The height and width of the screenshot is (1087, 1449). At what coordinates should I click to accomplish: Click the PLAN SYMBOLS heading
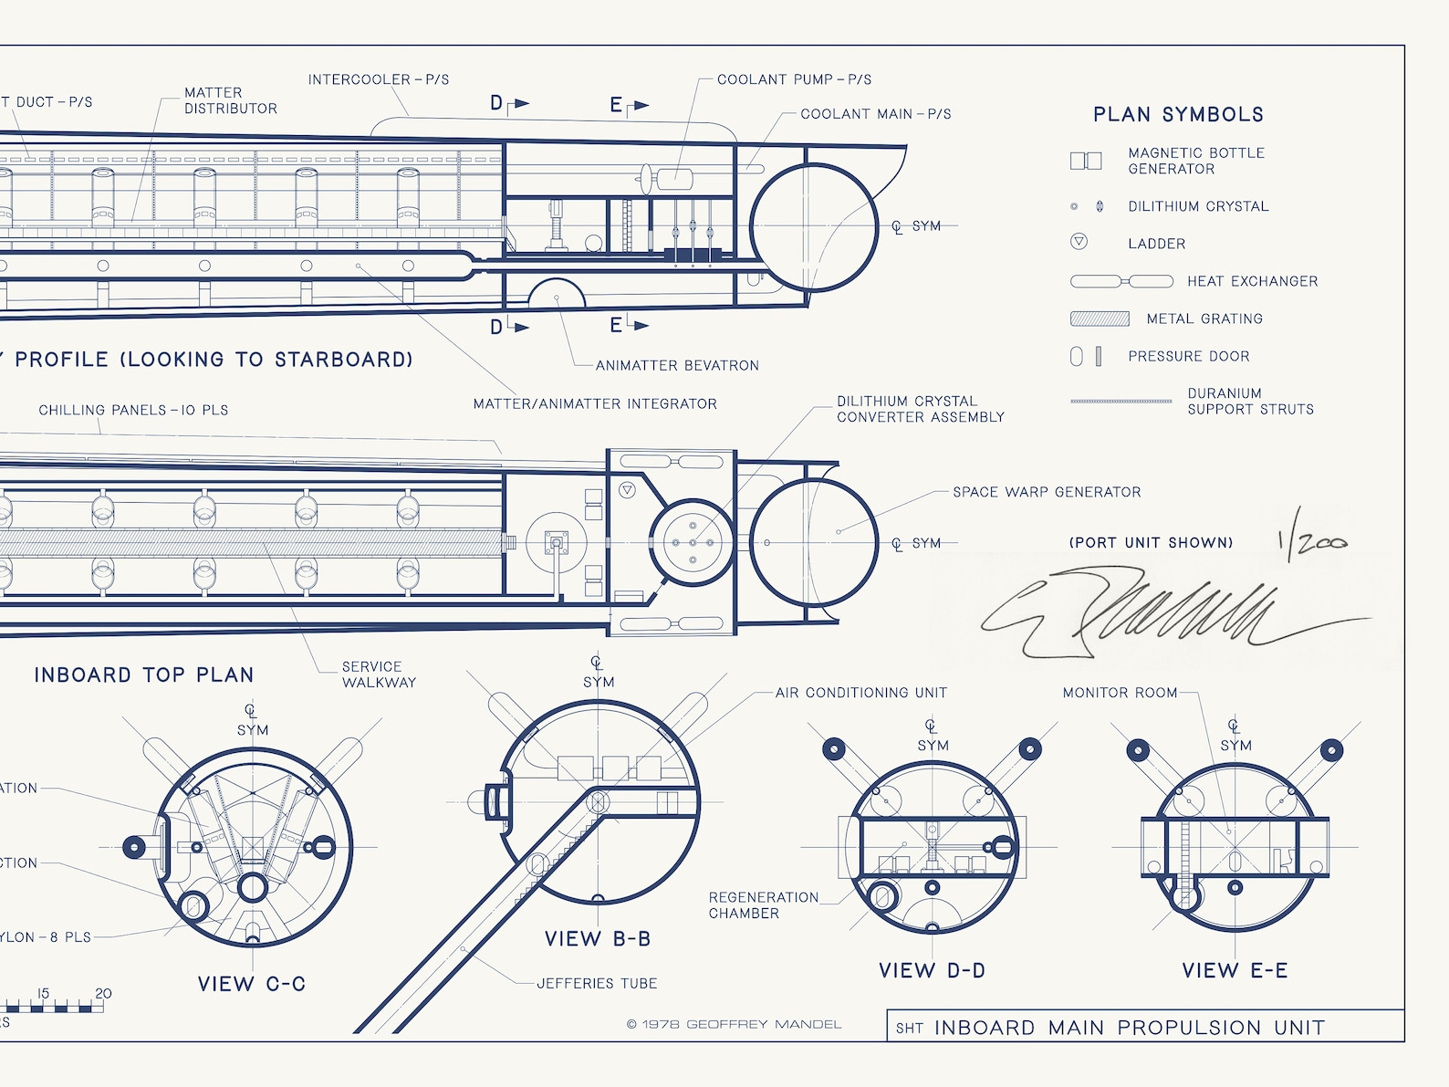tap(1178, 114)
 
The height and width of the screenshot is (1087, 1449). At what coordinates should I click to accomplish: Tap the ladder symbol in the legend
tap(1079, 242)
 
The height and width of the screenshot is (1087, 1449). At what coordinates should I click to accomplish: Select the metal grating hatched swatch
tap(1100, 319)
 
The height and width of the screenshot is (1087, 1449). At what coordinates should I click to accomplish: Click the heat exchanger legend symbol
tap(1121, 281)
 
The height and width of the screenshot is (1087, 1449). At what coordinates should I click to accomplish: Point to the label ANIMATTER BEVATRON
tap(677, 365)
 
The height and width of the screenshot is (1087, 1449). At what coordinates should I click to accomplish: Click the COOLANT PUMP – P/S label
tap(794, 79)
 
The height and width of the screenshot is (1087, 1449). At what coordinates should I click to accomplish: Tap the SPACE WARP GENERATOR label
tap(1047, 492)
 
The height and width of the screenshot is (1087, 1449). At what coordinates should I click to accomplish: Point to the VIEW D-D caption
tap(932, 970)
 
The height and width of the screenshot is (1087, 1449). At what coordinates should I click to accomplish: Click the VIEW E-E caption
tap(1235, 970)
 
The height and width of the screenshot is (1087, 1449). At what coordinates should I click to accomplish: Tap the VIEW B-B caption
tap(598, 938)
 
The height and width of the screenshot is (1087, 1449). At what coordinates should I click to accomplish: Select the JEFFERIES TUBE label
tap(597, 983)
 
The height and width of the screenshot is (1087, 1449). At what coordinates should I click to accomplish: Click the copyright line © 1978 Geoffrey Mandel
tap(734, 1024)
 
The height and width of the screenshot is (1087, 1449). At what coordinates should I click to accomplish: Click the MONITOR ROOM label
tap(1120, 693)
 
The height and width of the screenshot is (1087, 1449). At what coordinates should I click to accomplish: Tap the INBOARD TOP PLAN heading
tap(144, 674)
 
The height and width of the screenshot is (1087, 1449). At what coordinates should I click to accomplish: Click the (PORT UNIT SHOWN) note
tap(1151, 542)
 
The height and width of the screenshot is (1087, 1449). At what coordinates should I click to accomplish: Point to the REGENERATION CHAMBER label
tap(763, 905)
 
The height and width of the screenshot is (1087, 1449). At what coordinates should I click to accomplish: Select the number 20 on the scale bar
tap(103, 993)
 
